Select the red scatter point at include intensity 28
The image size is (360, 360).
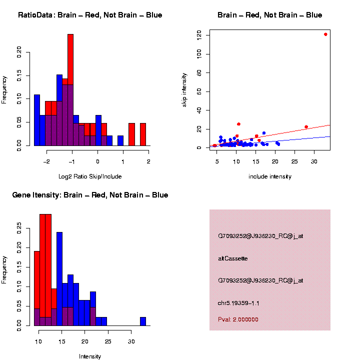(x=306, y=127)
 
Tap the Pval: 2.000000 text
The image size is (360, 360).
(x=238, y=319)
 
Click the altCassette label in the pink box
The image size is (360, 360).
(x=232, y=258)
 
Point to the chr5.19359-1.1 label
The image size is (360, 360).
(x=238, y=303)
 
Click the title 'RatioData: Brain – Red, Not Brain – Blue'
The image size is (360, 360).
(x=90, y=15)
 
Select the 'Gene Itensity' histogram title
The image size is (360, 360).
(x=90, y=195)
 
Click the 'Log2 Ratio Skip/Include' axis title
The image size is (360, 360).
(x=90, y=176)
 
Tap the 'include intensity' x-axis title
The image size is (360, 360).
(x=270, y=176)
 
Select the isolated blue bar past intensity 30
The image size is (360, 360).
(x=143, y=321)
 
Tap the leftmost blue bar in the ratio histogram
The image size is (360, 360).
(x=37, y=120)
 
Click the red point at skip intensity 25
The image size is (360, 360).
(x=238, y=124)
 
